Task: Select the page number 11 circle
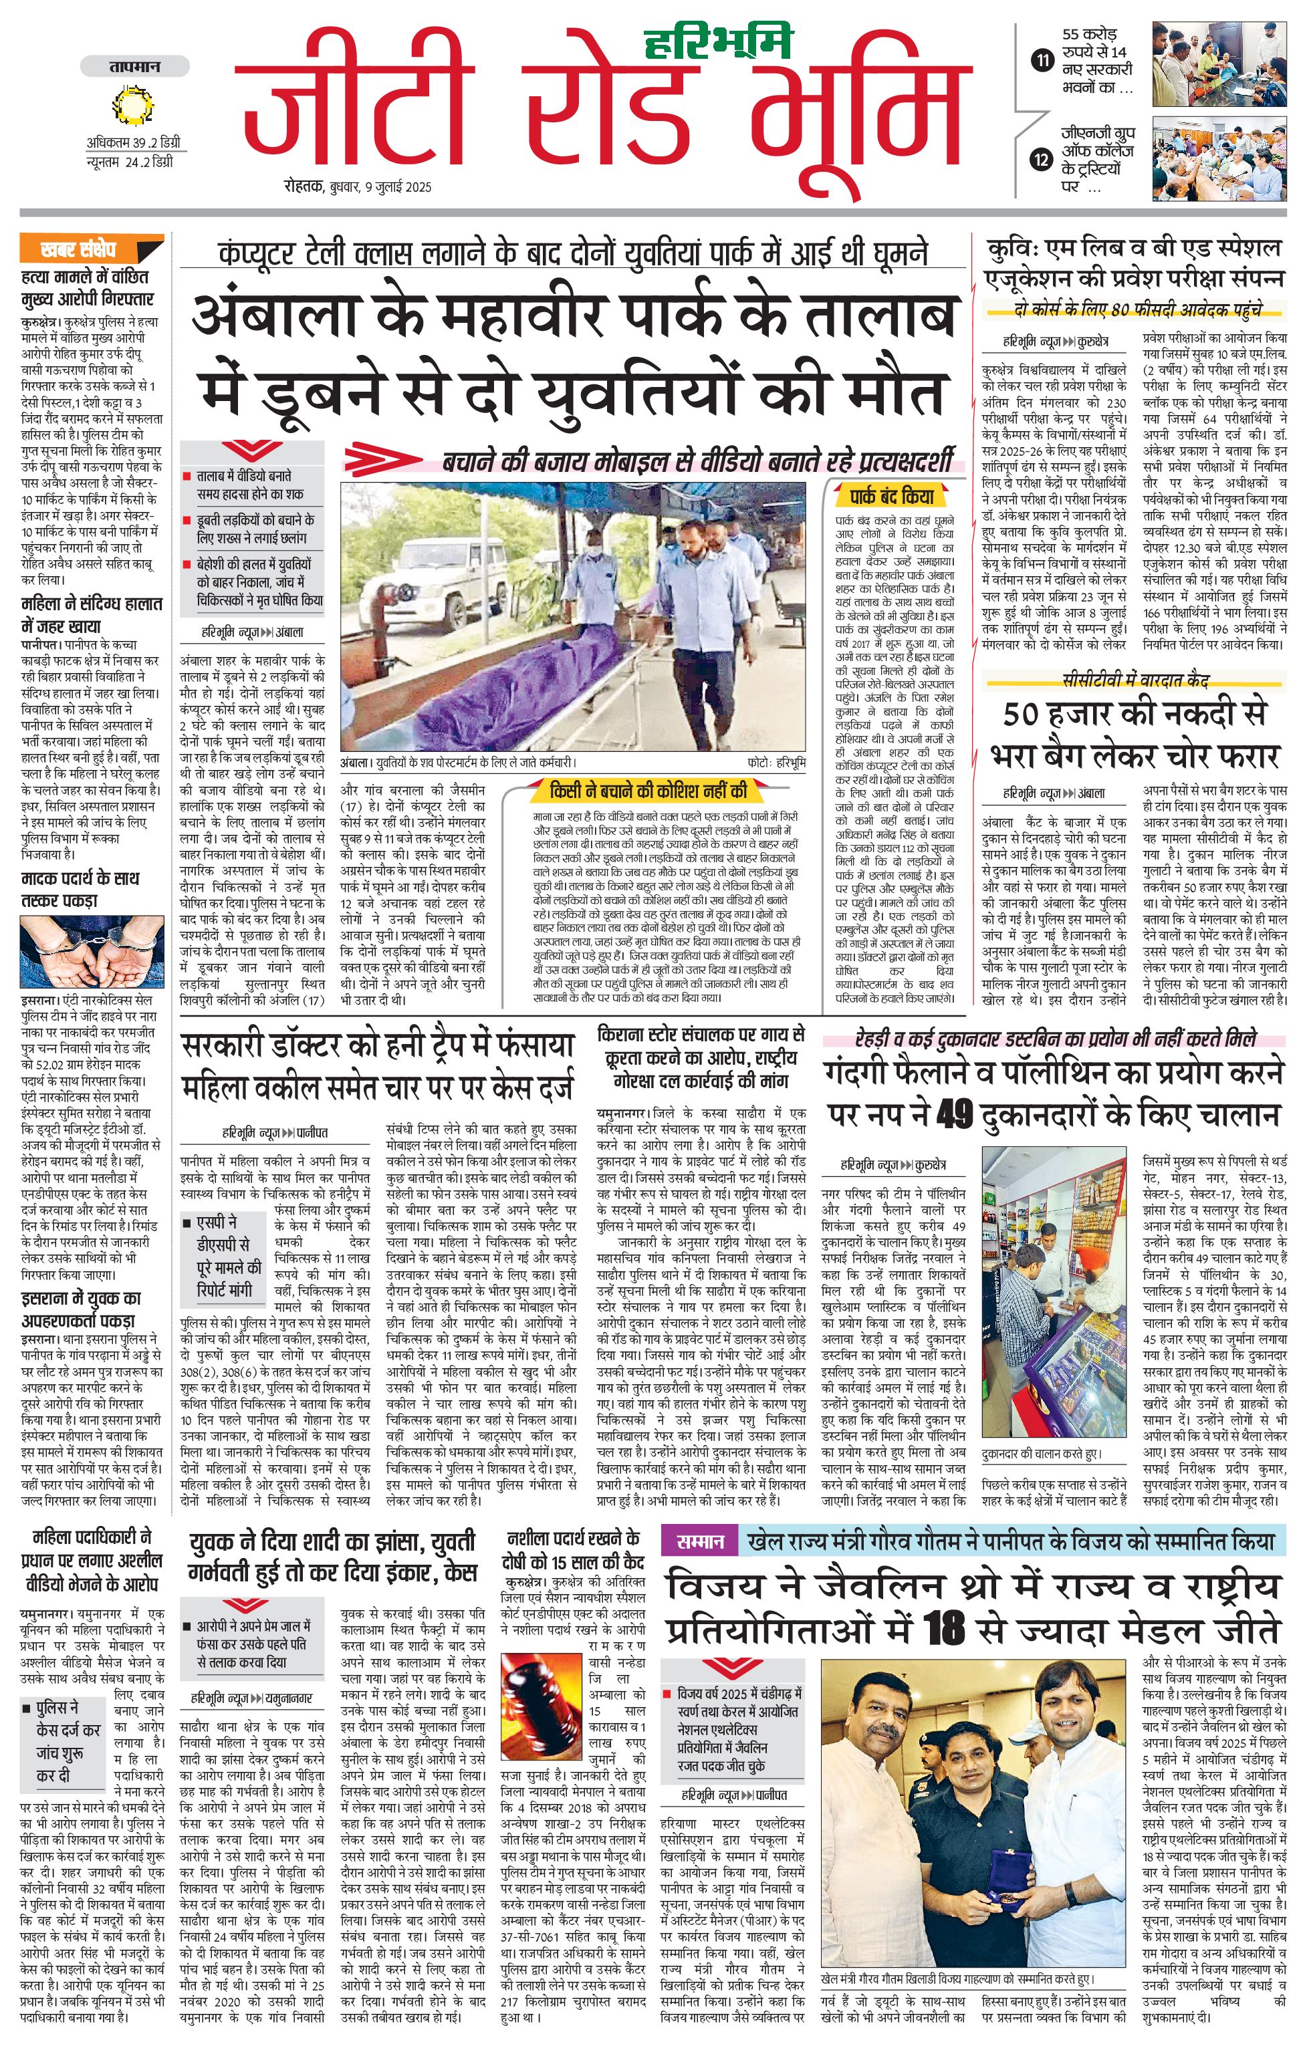[1042, 60]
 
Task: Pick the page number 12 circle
[1042, 159]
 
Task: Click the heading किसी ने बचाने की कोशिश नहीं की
[648, 790]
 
